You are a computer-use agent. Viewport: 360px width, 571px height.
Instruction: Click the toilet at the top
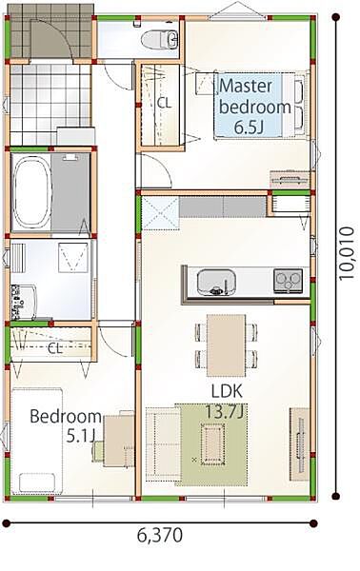tap(160, 40)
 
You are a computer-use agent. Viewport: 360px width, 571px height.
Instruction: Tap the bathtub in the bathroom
tap(31, 191)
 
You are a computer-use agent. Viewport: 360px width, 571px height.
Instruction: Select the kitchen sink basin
tap(216, 282)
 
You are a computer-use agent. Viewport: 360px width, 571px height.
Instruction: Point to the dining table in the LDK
tap(227, 345)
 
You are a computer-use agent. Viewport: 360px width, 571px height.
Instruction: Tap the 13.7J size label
tap(225, 412)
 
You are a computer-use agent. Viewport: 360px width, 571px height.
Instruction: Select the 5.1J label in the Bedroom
tap(81, 436)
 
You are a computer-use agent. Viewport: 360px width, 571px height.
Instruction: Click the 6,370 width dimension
tap(160, 535)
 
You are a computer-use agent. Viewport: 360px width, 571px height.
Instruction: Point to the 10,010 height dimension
tap(346, 253)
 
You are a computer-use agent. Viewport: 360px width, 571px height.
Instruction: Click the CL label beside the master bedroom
tap(164, 104)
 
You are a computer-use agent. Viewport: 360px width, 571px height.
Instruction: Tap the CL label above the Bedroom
tap(55, 349)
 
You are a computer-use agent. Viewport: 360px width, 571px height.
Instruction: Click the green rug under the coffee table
tap(211, 444)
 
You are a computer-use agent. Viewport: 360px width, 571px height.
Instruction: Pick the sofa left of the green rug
tap(163, 444)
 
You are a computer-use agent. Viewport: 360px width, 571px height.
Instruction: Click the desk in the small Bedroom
tap(119, 440)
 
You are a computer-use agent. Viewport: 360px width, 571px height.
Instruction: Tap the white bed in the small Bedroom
tap(36, 441)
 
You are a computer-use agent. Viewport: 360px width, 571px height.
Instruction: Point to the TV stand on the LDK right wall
tap(299, 444)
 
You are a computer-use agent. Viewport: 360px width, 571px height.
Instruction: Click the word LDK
tap(227, 391)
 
